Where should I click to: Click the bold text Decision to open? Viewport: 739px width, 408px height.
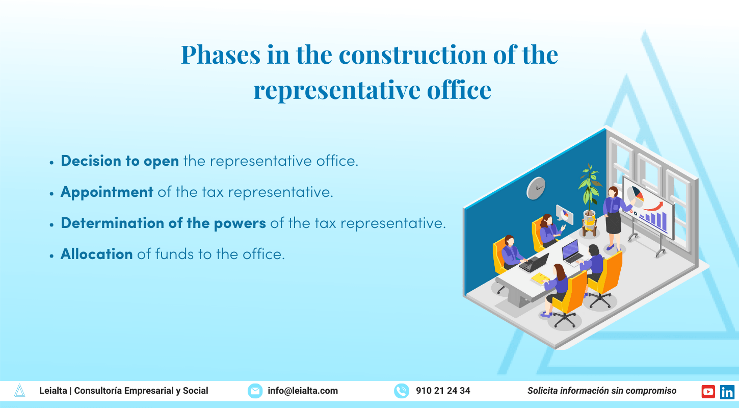[120, 161]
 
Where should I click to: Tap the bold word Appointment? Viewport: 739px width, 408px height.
[107, 192]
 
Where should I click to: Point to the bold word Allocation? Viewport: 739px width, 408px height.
[97, 254]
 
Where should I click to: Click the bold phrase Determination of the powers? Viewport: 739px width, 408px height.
[163, 223]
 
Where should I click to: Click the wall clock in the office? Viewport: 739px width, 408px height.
[536, 188]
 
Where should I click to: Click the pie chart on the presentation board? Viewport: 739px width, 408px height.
[635, 196]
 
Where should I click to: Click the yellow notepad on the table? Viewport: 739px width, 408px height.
[539, 278]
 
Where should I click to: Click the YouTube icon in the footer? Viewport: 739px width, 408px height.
[708, 391]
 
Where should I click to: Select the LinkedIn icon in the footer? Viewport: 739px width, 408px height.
[727, 391]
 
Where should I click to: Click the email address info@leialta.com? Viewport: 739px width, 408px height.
[303, 391]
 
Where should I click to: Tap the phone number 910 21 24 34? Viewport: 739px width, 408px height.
[443, 391]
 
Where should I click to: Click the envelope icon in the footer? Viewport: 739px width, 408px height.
[255, 391]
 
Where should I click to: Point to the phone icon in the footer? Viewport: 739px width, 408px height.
[402, 391]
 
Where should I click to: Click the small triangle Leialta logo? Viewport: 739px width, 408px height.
[19, 391]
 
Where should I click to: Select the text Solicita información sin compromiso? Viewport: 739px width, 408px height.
[602, 391]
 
